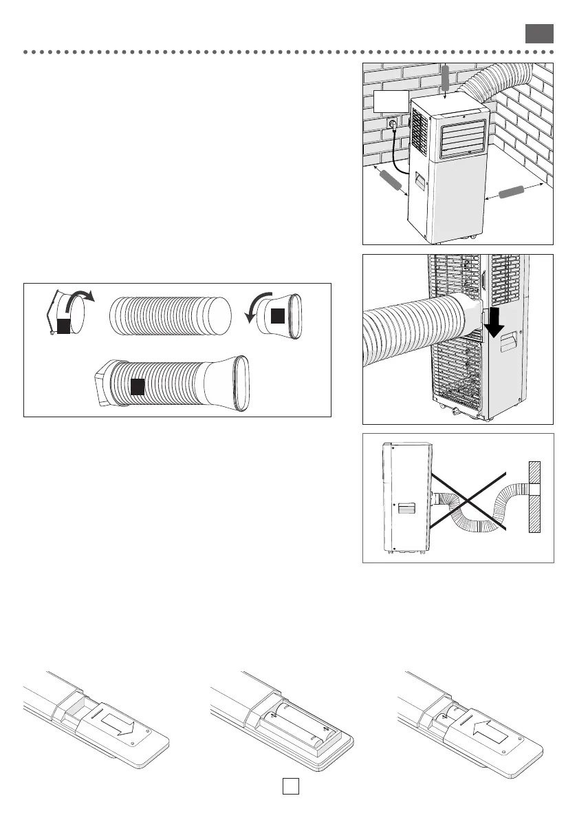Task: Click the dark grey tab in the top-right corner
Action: point(539,34)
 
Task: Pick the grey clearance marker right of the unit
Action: point(516,192)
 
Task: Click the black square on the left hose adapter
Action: point(63,326)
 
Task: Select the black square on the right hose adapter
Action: point(277,316)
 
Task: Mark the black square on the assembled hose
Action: point(138,386)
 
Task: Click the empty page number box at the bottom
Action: point(290,786)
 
